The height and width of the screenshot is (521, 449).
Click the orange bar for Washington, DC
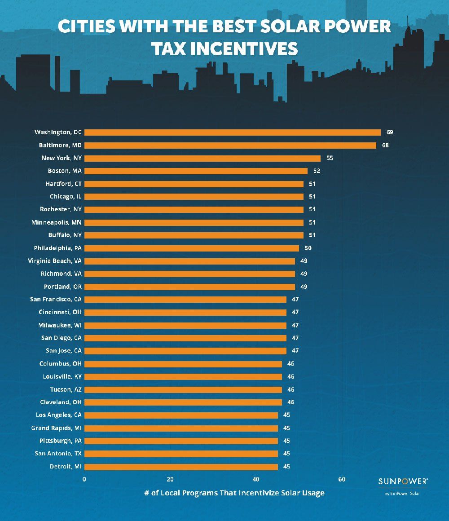click(x=233, y=132)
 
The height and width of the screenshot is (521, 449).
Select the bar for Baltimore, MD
click(x=230, y=146)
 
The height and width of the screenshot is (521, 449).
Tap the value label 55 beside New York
click(x=330, y=158)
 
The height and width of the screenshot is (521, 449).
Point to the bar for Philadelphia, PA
click(x=192, y=248)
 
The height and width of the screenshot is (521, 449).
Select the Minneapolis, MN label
click(x=57, y=222)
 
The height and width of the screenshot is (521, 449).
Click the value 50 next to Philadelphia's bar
click(x=308, y=248)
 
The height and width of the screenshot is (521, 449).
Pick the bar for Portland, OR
click(x=189, y=287)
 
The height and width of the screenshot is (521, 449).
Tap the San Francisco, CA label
click(x=56, y=299)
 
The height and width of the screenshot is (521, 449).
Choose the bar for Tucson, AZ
click(x=183, y=389)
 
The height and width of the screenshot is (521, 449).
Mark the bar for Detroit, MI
click(x=181, y=467)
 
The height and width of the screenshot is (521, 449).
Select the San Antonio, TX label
click(x=58, y=454)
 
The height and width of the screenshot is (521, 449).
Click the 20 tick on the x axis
click(x=170, y=479)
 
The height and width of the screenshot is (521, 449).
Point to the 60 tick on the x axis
click(x=342, y=479)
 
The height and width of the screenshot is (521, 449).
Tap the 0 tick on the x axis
click(x=84, y=479)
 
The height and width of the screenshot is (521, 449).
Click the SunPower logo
click(x=403, y=481)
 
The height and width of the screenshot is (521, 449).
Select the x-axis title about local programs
click(x=234, y=493)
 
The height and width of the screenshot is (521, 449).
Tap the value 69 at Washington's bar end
click(x=390, y=132)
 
